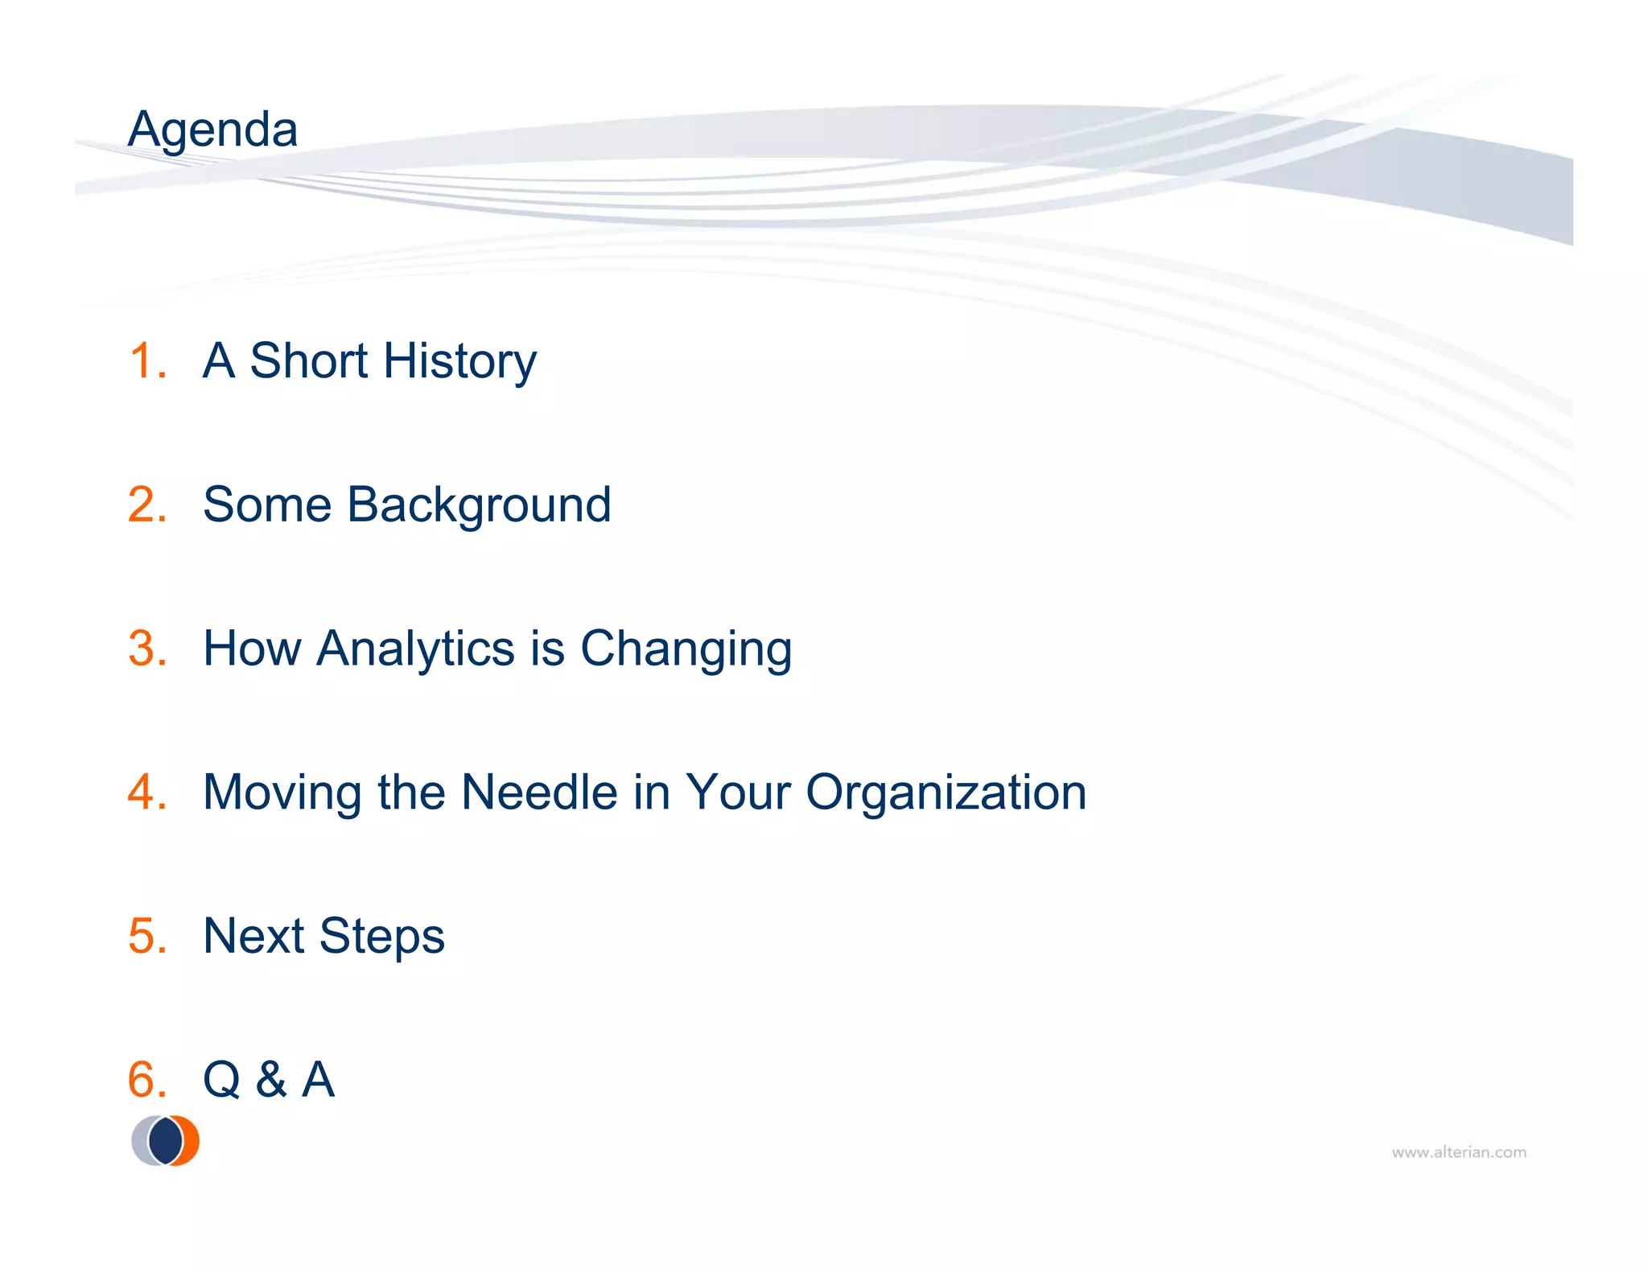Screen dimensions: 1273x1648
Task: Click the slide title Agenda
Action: pyautogui.click(x=212, y=130)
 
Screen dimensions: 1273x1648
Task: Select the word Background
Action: pyautogui.click(x=479, y=506)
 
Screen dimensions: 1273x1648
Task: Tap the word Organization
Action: pyautogui.click(x=946, y=793)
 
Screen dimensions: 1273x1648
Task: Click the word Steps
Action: pyautogui.click(x=381, y=937)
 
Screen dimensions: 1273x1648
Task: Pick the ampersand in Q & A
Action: pyautogui.click(x=271, y=1079)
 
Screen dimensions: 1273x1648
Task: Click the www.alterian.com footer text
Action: pyautogui.click(x=1458, y=1152)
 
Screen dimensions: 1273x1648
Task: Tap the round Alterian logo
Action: pyautogui.click(x=166, y=1140)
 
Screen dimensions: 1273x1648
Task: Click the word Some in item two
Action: pyautogui.click(x=267, y=505)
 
